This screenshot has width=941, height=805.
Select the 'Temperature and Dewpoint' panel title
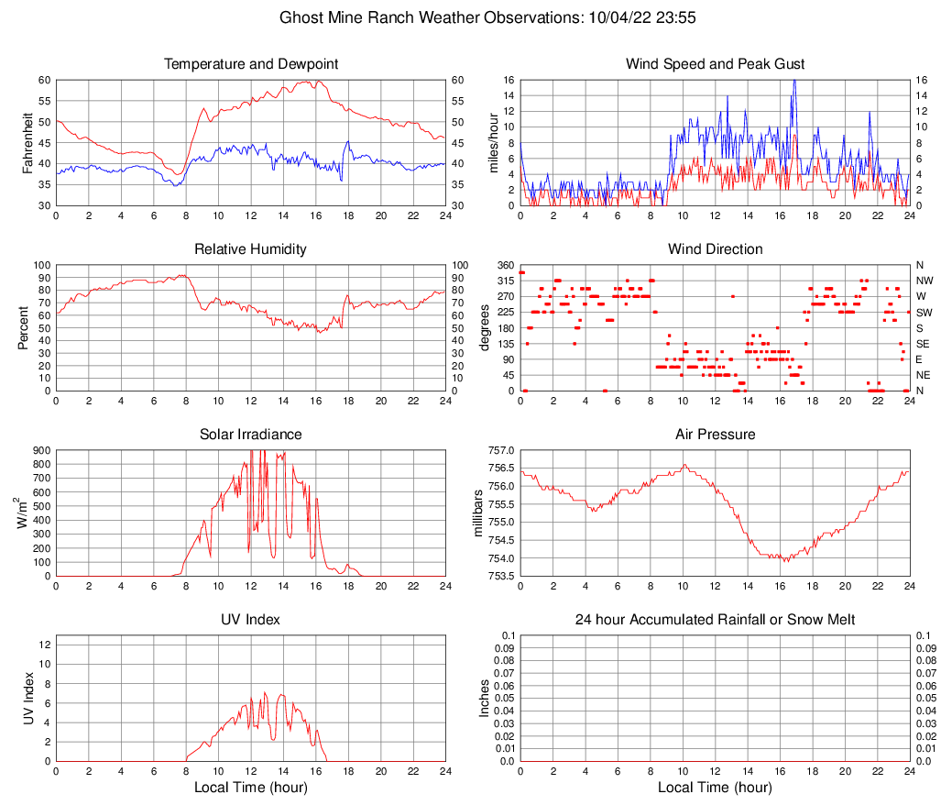[x=250, y=64]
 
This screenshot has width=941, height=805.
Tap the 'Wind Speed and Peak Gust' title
[x=715, y=64]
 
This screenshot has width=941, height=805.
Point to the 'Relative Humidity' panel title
[x=250, y=249]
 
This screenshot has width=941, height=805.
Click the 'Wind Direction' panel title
[x=715, y=249]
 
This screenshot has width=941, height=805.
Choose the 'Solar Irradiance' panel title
[x=250, y=435]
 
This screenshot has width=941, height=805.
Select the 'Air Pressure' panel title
[x=715, y=435]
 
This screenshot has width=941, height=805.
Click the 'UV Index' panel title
[x=250, y=620]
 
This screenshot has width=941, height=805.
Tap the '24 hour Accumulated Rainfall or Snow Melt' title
[x=715, y=620]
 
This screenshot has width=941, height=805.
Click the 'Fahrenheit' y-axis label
[x=27, y=142]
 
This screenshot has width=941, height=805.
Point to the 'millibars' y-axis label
[x=476, y=513]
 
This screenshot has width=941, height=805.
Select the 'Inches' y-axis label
[x=486, y=698]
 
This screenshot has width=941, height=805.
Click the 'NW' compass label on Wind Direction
[x=924, y=281]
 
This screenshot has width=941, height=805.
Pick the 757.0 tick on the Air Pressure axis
[x=500, y=451]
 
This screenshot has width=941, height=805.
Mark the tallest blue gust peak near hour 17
[x=794, y=81]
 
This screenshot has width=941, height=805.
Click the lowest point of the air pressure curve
[x=787, y=560]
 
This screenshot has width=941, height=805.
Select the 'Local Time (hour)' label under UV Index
[x=250, y=788]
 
